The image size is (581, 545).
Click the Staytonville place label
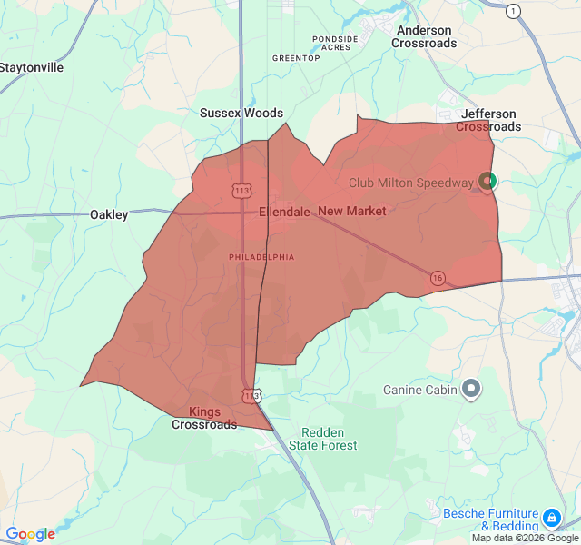point(32,67)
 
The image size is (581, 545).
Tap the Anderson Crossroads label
point(424,36)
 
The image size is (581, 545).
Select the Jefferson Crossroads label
point(488,121)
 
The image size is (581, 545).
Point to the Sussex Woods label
point(241,114)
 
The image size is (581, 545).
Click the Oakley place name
point(109,215)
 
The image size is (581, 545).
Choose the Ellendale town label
point(284,212)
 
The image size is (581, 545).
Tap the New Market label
point(352,212)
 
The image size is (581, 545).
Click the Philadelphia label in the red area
point(261,257)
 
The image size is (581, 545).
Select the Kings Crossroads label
point(204,418)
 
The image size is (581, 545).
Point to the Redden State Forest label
point(323,439)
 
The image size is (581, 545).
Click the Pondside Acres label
point(336,43)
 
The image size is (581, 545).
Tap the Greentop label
point(296,58)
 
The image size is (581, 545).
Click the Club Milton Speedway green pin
point(487,181)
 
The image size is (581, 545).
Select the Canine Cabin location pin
point(470,390)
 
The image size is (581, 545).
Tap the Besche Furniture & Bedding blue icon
point(551,519)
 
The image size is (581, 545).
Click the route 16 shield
point(438,278)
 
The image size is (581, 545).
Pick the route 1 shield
point(514,11)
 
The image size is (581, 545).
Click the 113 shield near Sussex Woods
point(241,191)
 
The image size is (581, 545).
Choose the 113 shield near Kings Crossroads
point(251,395)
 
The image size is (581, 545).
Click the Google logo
point(30,534)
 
